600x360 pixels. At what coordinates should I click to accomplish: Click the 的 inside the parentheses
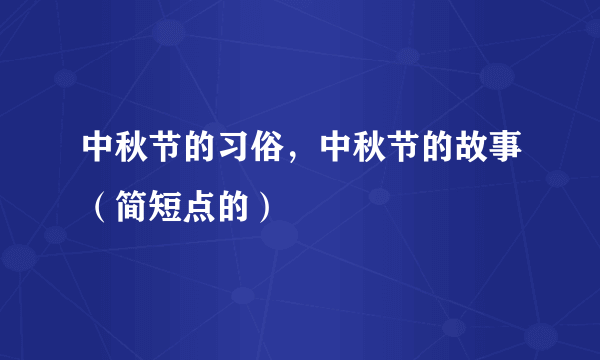233,206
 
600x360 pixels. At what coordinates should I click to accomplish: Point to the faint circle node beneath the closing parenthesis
279,235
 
